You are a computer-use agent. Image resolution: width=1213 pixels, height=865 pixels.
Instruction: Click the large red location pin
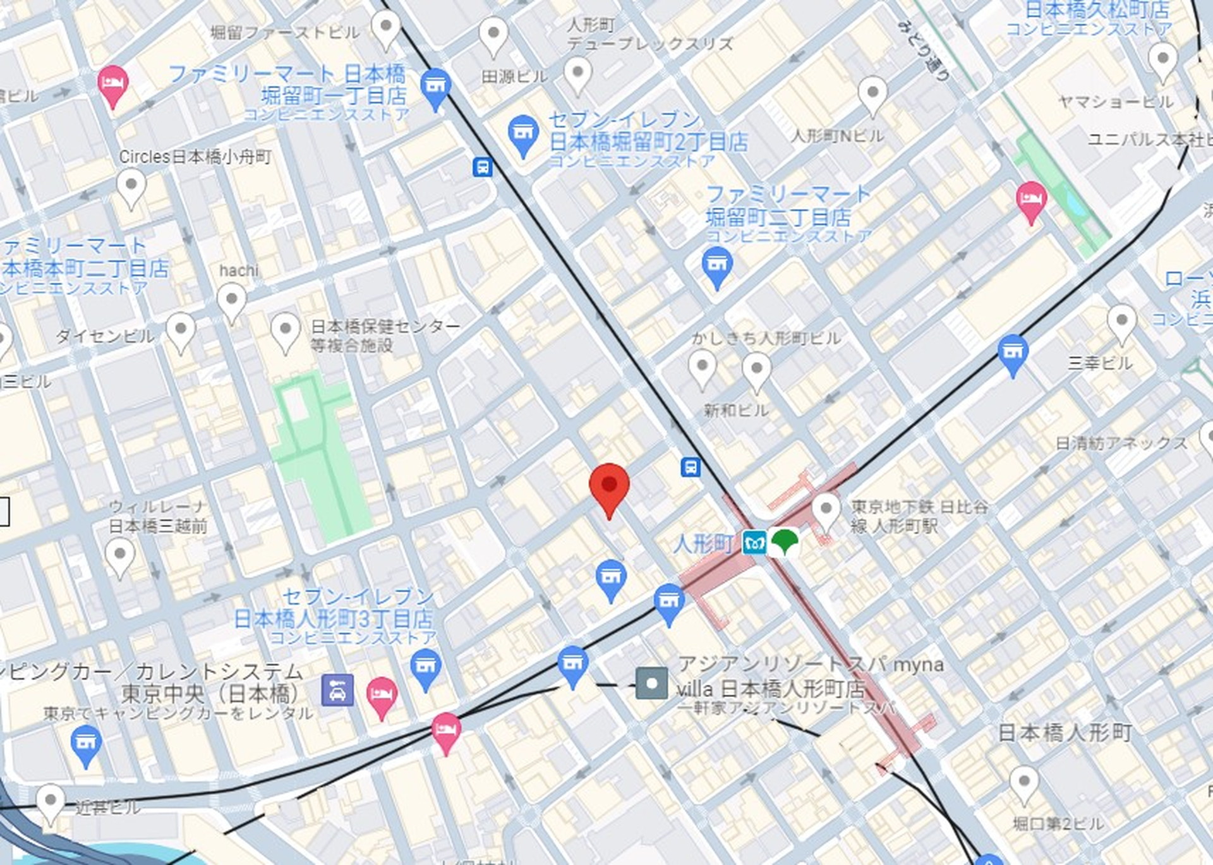609,487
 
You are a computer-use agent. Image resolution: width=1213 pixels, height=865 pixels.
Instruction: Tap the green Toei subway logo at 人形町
784,542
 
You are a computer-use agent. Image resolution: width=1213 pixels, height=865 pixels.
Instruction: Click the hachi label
239,270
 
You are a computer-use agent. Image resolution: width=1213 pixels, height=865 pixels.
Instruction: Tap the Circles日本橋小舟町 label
195,157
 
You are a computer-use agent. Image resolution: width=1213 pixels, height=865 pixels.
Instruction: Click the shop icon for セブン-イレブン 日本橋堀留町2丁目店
523,133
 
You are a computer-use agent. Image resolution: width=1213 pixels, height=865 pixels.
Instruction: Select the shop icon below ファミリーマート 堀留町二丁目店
716,264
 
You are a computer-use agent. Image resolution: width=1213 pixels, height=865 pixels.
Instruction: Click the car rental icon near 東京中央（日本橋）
337,689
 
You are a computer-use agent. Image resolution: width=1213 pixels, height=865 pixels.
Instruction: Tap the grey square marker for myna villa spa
651,684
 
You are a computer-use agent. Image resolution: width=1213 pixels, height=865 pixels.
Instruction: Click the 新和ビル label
736,411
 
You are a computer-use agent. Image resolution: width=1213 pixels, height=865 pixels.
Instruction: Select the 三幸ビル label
1100,363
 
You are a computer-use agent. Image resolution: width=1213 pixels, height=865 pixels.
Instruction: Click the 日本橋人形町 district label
1065,733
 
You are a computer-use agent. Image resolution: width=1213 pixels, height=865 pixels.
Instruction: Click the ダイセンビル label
105,336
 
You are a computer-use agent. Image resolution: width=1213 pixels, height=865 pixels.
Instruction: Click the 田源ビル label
514,77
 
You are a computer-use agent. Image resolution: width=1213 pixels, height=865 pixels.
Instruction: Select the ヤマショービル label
1116,102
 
